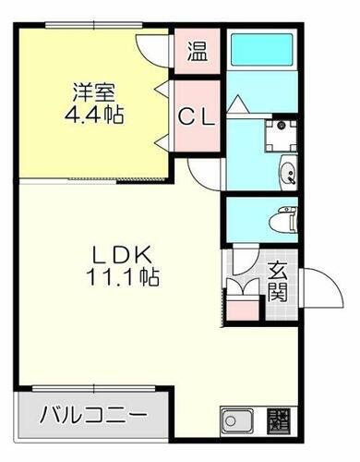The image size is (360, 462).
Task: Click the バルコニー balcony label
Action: point(93,415)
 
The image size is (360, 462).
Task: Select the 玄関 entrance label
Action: point(277,283)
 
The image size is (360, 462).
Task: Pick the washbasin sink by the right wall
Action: point(287,171)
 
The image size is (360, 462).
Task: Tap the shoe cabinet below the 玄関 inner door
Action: point(243,306)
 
